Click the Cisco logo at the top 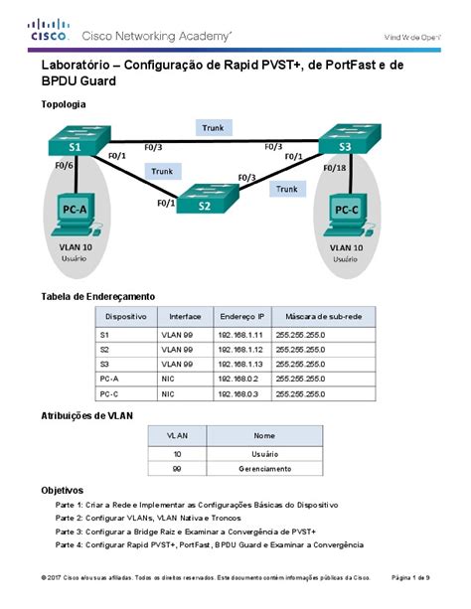49,30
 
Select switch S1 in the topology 78,140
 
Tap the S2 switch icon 208,198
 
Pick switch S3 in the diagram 350,139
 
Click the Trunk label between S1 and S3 214,128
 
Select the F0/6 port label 65,166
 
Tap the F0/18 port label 335,168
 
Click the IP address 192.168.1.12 240,350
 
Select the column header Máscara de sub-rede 323,317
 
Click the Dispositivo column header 126,317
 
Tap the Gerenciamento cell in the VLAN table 264,469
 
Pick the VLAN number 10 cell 177,454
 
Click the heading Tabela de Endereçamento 98,297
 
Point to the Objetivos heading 63,490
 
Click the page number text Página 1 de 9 410,577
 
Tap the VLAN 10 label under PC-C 346,247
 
